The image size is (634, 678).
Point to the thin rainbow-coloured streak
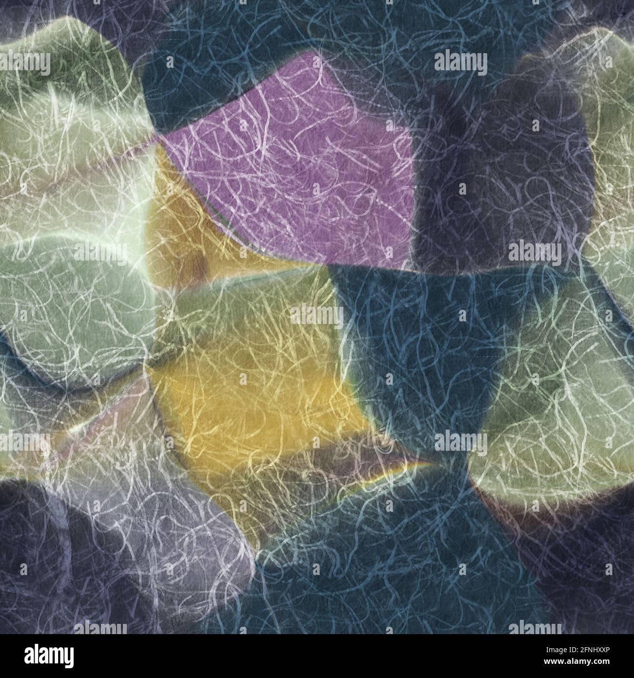click(x=390, y=471)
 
